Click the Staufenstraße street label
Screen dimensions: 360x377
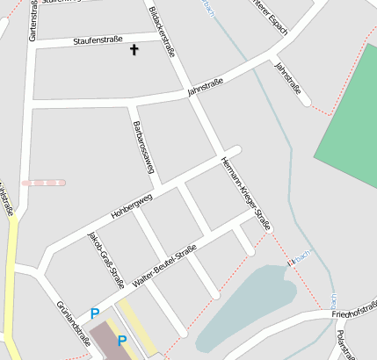pyautogui.click(x=98, y=40)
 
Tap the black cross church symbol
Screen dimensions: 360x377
pyautogui.click(x=134, y=50)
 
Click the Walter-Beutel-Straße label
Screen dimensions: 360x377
pyautogui.click(x=163, y=267)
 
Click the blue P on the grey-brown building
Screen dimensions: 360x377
pyautogui.click(x=122, y=340)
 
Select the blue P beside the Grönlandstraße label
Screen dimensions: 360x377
pyautogui.click(x=95, y=313)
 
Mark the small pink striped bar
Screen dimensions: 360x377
pyautogui.click(x=43, y=183)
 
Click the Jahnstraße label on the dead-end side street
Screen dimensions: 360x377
pyautogui.click(x=287, y=77)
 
